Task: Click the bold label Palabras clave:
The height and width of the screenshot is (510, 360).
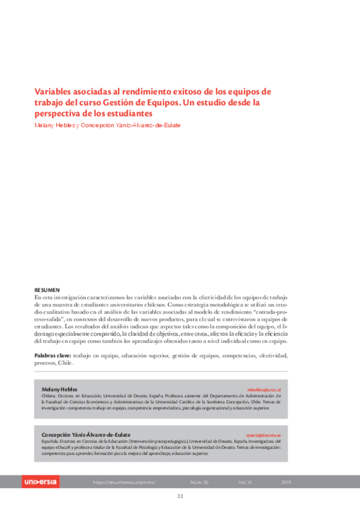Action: tap(53, 356)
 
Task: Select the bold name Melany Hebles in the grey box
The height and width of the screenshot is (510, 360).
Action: tap(59, 390)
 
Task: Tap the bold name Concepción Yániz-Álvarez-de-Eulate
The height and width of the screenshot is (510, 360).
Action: tap(85, 434)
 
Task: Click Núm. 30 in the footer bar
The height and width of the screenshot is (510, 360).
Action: tap(199, 482)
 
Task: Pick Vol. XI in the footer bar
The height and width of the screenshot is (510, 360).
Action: tap(245, 482)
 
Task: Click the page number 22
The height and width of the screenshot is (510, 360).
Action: tap(180, 496)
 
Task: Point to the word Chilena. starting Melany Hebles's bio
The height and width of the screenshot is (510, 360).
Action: tap(49, 397)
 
